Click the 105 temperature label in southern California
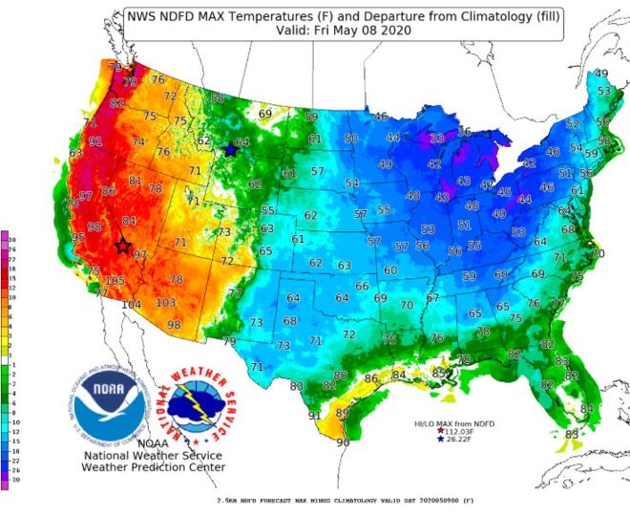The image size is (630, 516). (x=115, y=280)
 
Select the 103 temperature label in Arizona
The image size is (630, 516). (x=166, y=302)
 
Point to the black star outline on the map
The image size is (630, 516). (x=123, y=246)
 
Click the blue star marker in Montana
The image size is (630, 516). (x=230, y=149)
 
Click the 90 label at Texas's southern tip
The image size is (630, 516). (x=344, y=442)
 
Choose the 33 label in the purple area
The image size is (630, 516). (x=436, y=139)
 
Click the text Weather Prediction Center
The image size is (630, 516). (x=154, y=467)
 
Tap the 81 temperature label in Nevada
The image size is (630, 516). (x=136, y=182)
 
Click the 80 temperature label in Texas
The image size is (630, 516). (x=340, y=376)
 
